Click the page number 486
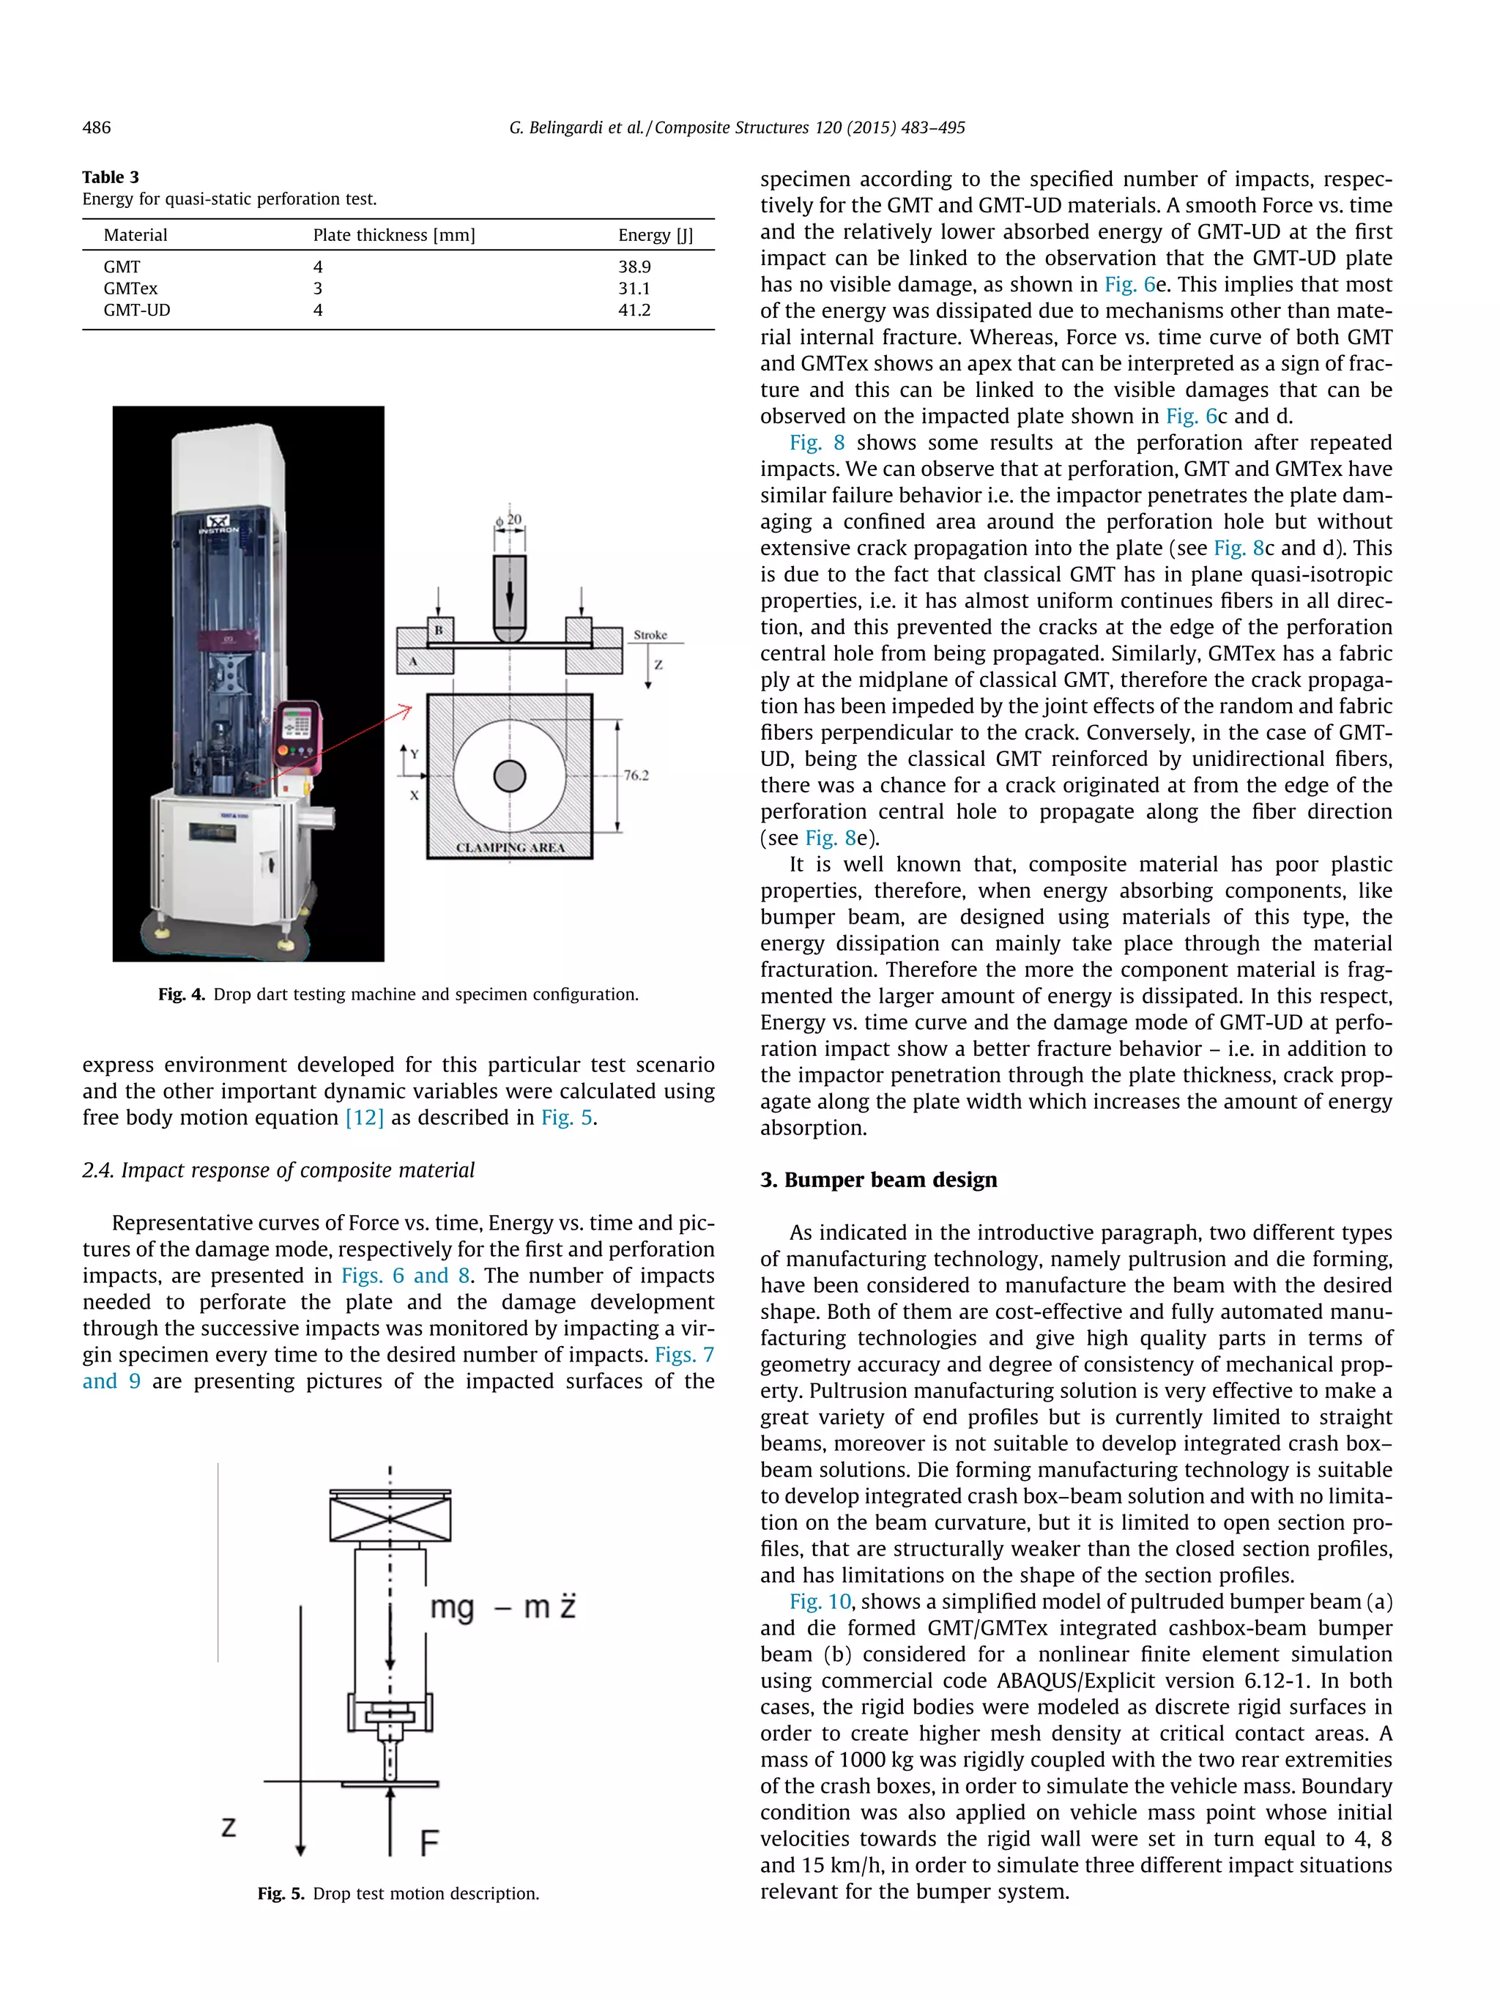[97, 127]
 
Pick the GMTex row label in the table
[130, 289]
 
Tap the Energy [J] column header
[655, 235]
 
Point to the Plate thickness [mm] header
[393, 235]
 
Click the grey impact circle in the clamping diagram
[509, 776]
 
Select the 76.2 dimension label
[636, 775]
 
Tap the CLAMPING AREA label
[509, 847]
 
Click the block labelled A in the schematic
[414, 661]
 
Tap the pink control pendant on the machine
[297, 732]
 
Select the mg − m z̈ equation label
[502, 1607]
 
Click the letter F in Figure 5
[429, 1842]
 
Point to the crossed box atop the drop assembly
[390, 1519]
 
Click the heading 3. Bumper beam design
[878, 1180]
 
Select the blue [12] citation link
[364, 1118]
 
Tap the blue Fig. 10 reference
[819, 1602]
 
